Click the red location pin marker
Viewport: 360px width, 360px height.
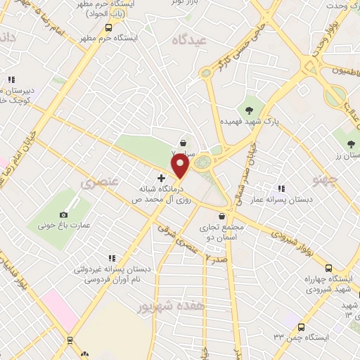coord(181,167)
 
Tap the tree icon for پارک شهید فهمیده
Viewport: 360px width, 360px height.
coord(249,109)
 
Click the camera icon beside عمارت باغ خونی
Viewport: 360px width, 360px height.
coord(64,214)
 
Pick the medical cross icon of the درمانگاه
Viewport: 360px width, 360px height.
coord(161,178)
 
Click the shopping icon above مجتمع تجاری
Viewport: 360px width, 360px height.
coord(221,216)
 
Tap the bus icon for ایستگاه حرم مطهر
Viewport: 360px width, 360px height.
coord(108,27)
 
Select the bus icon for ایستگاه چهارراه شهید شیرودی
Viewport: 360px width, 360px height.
coord(329,268)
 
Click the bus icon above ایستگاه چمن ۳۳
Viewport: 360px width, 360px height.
coord(301,327)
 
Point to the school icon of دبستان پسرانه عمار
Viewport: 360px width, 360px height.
coord(282,188)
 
